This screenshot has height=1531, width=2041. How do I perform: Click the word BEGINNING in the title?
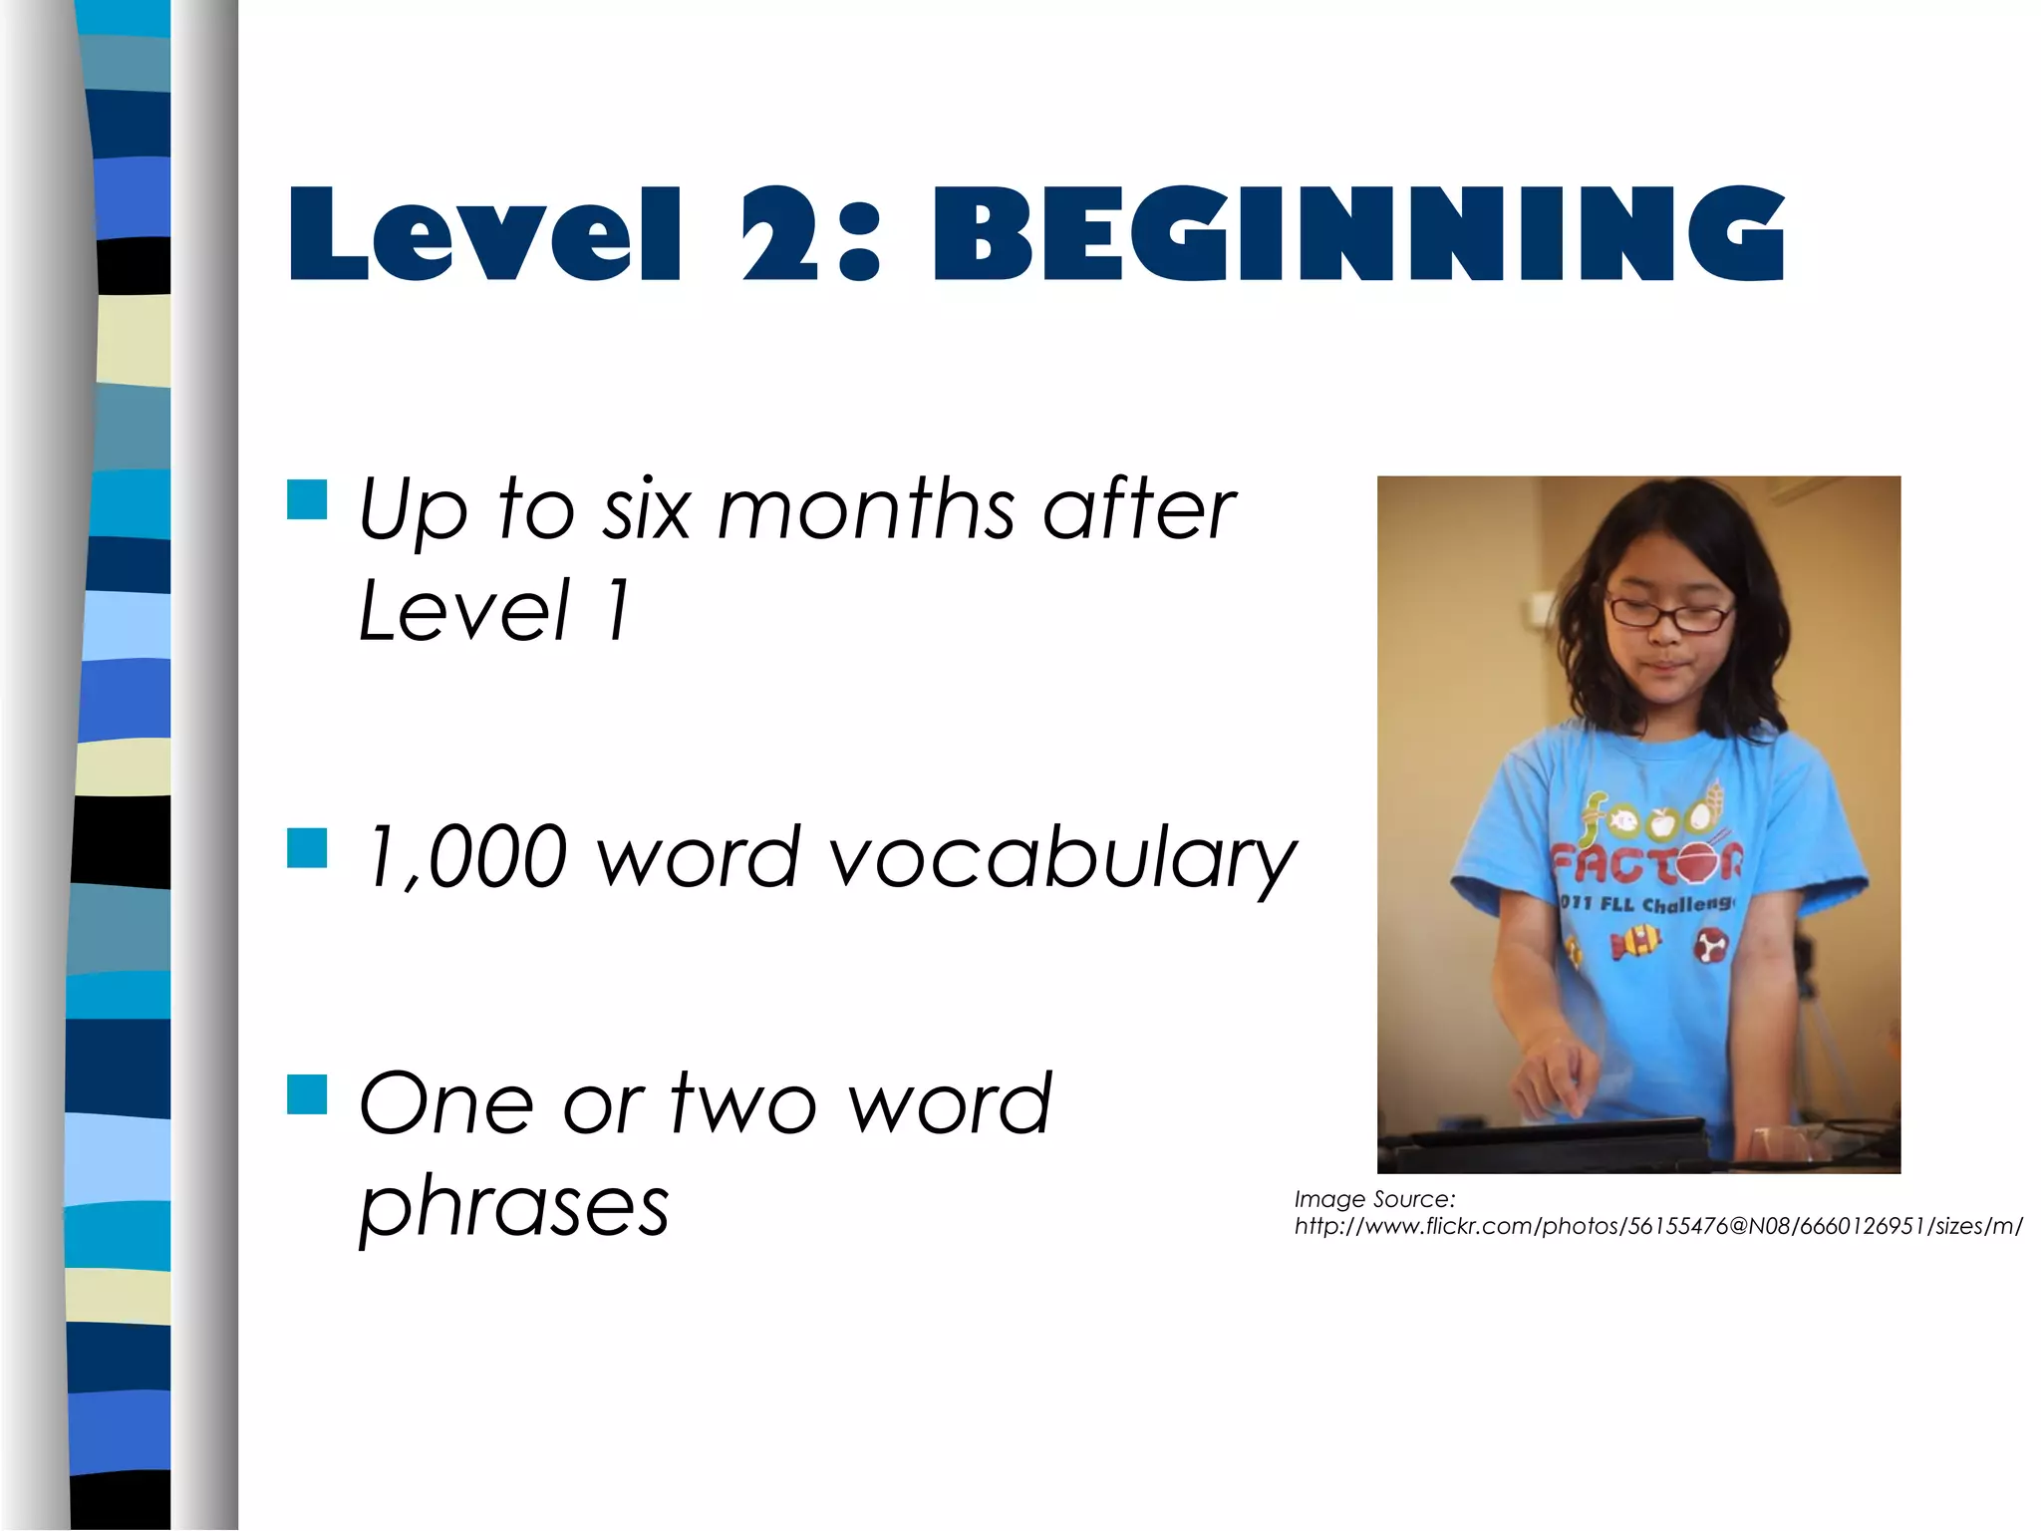(1357, 235)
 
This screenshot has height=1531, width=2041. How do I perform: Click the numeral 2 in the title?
(779, 235)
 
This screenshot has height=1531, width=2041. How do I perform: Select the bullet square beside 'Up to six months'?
(307, 500)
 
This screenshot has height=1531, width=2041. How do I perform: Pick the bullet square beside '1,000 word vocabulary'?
(307, 848)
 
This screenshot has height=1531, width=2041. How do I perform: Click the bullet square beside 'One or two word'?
(307, 1093)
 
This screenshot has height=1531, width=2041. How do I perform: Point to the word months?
(865, 509)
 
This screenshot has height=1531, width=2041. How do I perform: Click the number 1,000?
(466, 857)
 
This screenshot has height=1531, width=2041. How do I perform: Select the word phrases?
(514, 1208)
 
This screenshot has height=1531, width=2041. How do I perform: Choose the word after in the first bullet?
(1138, 509)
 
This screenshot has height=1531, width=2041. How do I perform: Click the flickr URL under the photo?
(1657, 1227)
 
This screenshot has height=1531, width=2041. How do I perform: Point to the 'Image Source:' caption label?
(1374, 1199)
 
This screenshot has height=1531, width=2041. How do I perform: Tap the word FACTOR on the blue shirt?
(1646, 863)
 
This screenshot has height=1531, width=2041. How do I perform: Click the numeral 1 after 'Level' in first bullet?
(618, 610)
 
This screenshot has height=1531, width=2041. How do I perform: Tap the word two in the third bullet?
(743, 1104)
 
